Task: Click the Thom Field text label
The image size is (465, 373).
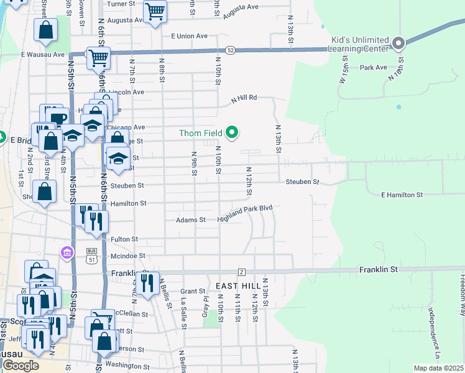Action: pyautogui.click(x=200, y=133)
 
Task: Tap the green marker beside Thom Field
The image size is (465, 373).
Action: pyautogui.click(x=233, y=132)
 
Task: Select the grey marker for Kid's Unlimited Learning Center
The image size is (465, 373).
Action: pyautogui.click(x=398, y=44)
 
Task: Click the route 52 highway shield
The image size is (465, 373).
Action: pyautogui.click(x=230, y=50)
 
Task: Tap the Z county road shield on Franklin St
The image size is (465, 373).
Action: pyautogui.click(x=242, y=272)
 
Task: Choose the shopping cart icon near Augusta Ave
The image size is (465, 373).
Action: pyautogui.click(x=154, y=11)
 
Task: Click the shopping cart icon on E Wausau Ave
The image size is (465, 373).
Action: pyautogui.click(x=98, y=58)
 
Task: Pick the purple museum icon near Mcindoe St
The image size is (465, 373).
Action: pyautogui.click(x=67, y=252)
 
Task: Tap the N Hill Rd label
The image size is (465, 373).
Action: pyautogui.click(x=244, y=98)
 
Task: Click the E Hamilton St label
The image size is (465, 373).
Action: pyautogui.click(x=402, y=195)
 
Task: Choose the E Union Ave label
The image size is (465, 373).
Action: pyautogui.click(x=185, y=35)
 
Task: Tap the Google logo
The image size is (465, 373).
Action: pyautogui.click(x=21, y=366)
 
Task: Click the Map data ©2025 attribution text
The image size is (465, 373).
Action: pyautogui.click(x=438, y=368)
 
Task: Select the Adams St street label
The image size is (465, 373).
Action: pyautogui.click(x=190, y=219)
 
